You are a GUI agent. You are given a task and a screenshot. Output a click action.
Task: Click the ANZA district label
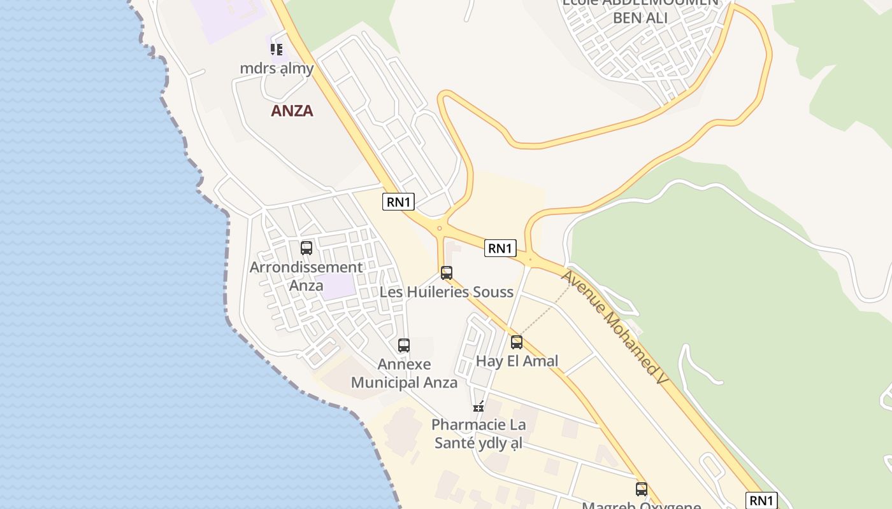click(292, 111)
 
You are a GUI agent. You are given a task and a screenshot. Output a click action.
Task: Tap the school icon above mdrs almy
click(276, 49)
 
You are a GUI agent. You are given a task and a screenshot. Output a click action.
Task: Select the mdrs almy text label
click(277, 67)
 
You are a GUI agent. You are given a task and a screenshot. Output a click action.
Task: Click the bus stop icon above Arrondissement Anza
click(306, 248)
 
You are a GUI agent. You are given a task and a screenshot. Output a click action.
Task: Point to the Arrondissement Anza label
click(306, 276)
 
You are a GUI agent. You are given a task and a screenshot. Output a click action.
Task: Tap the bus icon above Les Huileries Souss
click(447, 273)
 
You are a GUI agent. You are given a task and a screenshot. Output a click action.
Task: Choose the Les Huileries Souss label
click(446, 292)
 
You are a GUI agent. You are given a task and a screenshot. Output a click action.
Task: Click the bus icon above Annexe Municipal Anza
click(404, 345)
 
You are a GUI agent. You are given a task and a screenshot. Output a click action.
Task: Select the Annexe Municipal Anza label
click(404, 373)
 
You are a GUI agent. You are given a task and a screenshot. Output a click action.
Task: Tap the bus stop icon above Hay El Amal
click(517, 342)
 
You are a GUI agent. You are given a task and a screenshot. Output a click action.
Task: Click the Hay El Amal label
click(517, 361)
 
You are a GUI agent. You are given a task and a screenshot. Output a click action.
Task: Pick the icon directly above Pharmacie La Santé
click(478, 407)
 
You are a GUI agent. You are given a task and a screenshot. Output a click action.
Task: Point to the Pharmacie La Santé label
click(478, 433)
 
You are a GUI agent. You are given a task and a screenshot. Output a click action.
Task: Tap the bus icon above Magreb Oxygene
click(642, 489)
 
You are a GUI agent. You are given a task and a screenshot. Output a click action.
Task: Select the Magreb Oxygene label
click(642, 505)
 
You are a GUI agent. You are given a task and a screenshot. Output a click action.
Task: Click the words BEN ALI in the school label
click(640, 17)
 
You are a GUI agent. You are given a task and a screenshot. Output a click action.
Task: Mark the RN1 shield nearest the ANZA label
click(399, 202)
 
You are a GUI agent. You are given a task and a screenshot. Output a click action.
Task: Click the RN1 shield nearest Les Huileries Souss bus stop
click(500, 248)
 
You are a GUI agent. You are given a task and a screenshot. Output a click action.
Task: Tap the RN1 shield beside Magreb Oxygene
click(761, 500)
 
